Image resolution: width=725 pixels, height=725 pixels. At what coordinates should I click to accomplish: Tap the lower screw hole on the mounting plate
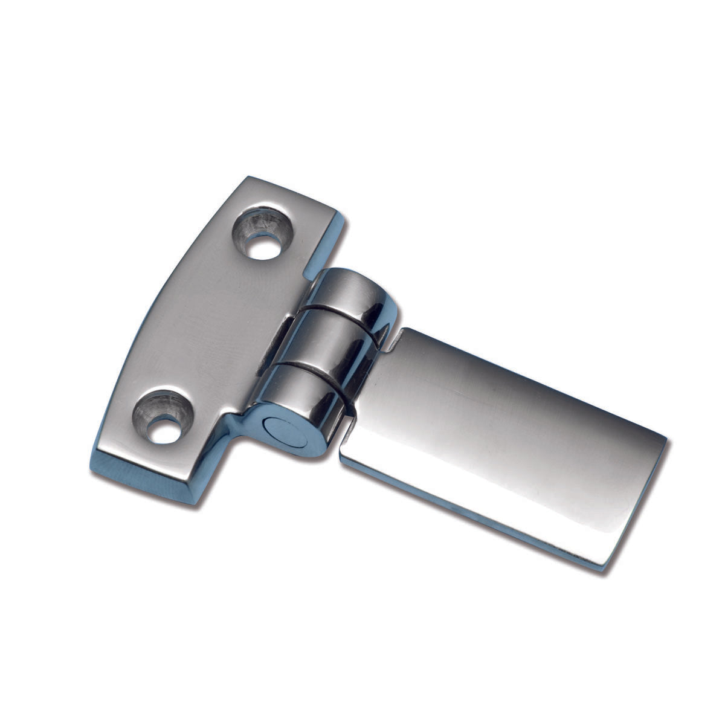coord(163,417)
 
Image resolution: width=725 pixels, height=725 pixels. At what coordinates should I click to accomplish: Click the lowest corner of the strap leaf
coord(601,568)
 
